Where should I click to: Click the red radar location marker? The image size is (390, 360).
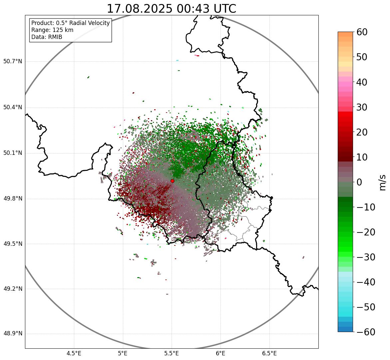click(x=172, y=181)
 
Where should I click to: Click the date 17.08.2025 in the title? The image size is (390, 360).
click(x=139, y=9)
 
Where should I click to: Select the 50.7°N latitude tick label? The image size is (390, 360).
click(x=13, y=61)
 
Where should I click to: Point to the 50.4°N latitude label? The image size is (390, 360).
click(x=13, y=107)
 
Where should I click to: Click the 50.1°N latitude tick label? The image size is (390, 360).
click(x=13, y=153)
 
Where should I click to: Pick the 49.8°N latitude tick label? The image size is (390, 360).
click(x=13, y=199)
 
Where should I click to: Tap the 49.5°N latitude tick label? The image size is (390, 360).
click(x=13, y=244)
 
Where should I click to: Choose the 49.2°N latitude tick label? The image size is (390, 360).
click(x=13, y=289)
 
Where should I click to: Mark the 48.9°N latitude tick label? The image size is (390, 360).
click(x=13, y=334)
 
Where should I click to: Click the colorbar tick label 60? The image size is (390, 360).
click(x=362, y=32)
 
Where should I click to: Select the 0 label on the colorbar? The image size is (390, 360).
click(x=359, y=182)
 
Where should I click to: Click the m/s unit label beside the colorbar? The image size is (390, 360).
click(x=383, y=182)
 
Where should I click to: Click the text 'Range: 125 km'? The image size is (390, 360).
click(x=52, y=30)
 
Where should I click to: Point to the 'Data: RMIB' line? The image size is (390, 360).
click(x=47, y=37)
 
